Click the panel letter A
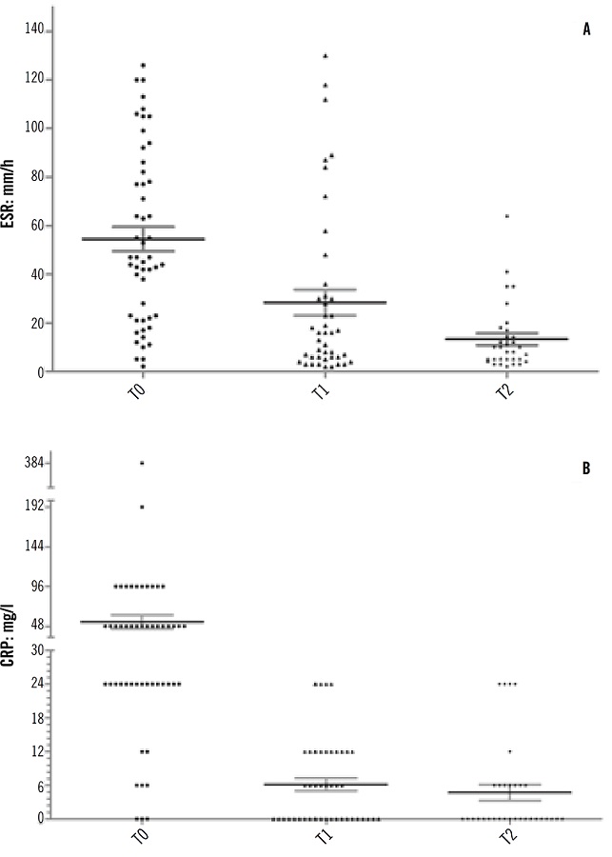(587, 30)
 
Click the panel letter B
(587, 468)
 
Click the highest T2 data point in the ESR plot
(507, 216)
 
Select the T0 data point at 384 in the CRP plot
(142, 463)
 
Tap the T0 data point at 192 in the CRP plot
(142, 507)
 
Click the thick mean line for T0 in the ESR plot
(143, 239)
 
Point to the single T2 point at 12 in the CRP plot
(509, 751)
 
